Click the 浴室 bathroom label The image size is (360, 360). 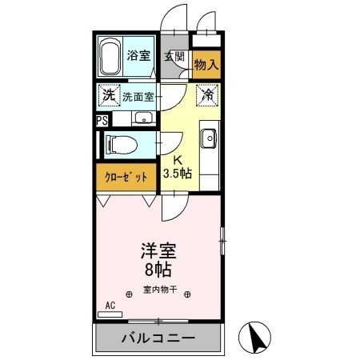[138, 55]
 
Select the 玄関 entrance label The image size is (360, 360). [175, 56]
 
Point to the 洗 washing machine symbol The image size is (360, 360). [108, 95]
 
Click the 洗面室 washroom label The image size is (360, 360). [137, 97]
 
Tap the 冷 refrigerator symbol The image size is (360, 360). [207, 95]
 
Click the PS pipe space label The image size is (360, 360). [102, 121]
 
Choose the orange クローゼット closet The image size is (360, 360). [125, 177]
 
